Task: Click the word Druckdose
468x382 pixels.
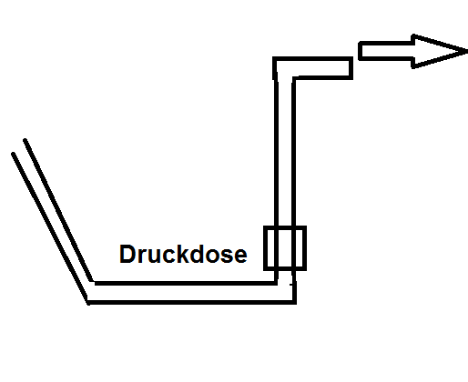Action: [x=183, y=254]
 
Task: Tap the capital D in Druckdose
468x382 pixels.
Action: [x=127, y=254]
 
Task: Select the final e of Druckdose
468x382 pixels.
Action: [x=240, y=256]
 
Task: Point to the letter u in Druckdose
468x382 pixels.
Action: [x=154, y=256]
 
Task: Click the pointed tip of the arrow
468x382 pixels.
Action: [x=467, y=52]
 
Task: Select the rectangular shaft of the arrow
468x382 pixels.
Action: [x=386, y=51]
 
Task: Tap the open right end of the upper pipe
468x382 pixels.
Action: [x=351, y=68]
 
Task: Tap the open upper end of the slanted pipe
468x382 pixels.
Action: [x=19, y=147]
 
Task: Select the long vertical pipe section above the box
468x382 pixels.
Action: [x=285, y=153]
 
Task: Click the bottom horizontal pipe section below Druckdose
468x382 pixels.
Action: [x=192, y=293]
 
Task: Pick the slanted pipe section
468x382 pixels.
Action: [x=53, y=222]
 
